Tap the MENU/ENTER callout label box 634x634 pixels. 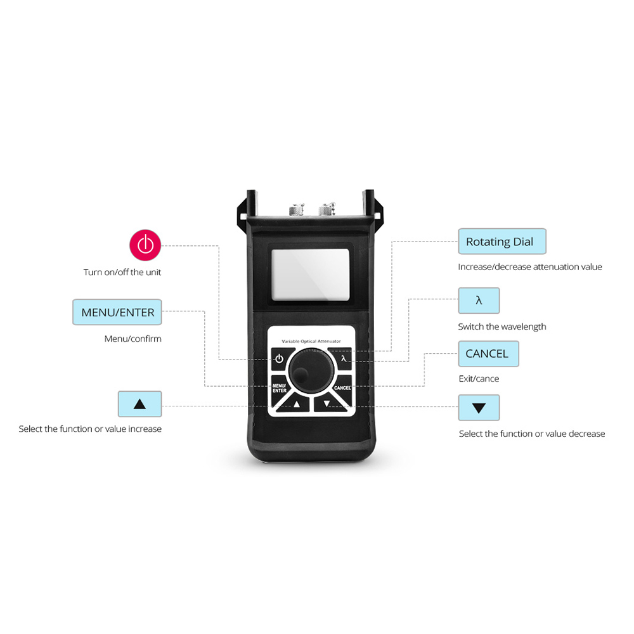point(117,312)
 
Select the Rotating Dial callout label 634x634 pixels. point(501,242)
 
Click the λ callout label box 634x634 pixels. point(479,301)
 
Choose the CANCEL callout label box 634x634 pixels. point(488,354)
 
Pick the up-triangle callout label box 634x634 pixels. point(139,404)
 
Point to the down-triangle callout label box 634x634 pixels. point(479,408)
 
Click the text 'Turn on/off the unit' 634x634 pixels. point(122,272)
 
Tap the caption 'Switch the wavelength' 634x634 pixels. point(502,327)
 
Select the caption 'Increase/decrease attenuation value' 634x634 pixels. point(530,267)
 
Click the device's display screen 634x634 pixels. point(310,275)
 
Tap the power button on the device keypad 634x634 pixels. point(278,359)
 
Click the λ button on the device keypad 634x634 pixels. point(343,359)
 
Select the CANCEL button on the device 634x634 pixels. point(342,387)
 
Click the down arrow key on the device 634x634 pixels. point(327,404)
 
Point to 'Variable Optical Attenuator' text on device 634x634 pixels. point(311,341)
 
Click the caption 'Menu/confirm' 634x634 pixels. point(133,339)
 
